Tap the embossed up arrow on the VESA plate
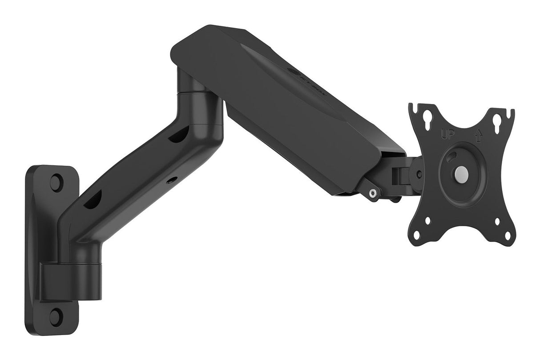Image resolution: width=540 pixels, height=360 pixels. pyautogui.click(x=478, y=135)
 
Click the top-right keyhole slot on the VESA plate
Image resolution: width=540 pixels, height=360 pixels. pyautogui.click(x=496, y=120)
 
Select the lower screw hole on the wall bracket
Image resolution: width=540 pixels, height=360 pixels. pyautogui.click(x=56, y=316)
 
